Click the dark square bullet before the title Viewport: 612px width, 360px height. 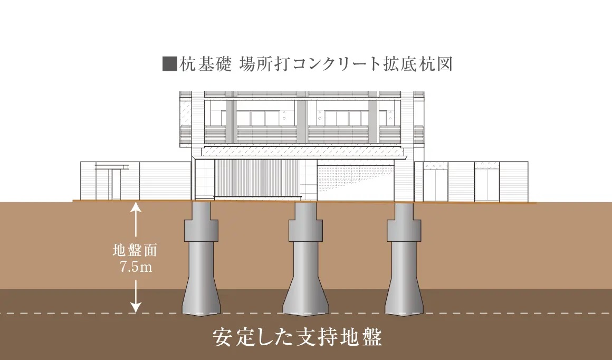pos(170,64)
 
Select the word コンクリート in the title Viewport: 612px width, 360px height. pos(336,64)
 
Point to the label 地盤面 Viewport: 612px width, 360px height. pos(135,250)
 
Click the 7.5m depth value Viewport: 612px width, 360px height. pos(136,267)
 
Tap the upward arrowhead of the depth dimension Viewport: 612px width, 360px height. pos(136,206)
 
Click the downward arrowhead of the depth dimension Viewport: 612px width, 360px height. pos(136,308)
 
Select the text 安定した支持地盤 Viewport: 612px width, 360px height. pos(297,337)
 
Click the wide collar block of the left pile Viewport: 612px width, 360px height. pos(202,230)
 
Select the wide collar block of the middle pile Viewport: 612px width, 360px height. pos(305,230)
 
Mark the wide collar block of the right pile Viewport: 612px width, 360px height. pos(404,230)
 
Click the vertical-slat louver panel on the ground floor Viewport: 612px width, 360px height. pos(257,178)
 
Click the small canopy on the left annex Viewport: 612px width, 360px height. pos(112,167)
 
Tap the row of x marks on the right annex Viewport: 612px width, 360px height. pos(436,166)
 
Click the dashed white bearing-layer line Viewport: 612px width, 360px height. pos(306,313)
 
